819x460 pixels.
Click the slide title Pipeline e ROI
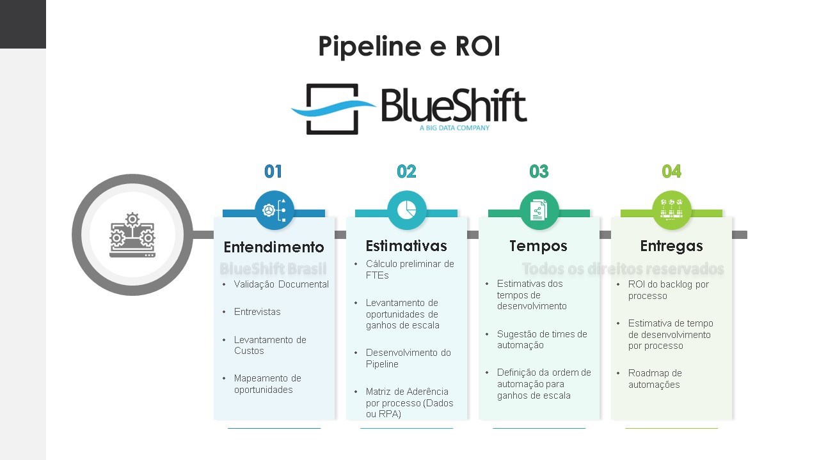(409, 47)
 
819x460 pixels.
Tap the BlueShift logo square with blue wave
(331, 109)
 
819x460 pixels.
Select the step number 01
(273, 171)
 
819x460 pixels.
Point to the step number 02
(406, 171)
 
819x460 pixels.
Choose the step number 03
(539, 171)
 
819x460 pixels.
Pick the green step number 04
(671, 171)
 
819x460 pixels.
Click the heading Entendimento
(274, 247)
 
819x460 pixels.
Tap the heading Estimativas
(406, 246)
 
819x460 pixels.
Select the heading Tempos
(539, 246)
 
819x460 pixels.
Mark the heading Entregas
(671, 246)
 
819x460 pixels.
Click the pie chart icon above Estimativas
(407, 210)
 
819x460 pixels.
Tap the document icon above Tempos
(539, 210)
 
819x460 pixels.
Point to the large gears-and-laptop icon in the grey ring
(132, 235)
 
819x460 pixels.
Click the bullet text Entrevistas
(257, 312)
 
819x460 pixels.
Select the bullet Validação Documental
(282, 284)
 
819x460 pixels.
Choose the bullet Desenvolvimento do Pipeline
(408, 358)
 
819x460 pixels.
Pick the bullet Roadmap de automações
(655, 379)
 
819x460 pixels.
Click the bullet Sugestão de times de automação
(541, 339)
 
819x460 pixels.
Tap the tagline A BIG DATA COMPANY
(454, 128)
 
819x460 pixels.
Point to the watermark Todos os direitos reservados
(623, 269)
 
